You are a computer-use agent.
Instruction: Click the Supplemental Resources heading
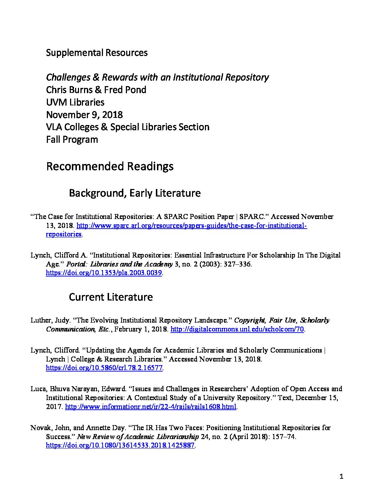[97, 53]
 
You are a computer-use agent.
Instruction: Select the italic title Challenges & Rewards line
[157, 78]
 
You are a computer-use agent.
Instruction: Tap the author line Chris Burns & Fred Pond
[96, 90]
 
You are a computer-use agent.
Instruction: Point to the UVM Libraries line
[75, 103]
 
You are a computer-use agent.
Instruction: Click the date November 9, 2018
[84, 115]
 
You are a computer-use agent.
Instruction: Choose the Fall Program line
[72, 139]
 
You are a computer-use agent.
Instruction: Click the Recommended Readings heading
[110, 166]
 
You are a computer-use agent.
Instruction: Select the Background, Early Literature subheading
[134, 193]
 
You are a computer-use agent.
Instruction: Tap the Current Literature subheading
[110, 297]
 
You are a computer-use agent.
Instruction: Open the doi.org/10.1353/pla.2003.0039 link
[104, 273]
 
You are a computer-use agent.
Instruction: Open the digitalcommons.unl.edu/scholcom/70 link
[237, 329]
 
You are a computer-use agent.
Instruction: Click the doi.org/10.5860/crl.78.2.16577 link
[104, 368]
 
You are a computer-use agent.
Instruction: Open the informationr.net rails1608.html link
[151, 407]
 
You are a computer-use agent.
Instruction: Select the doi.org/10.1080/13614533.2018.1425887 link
[120, 445]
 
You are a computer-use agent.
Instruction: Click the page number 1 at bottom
[341, 476]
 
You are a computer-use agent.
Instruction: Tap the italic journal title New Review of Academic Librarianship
[138, 437]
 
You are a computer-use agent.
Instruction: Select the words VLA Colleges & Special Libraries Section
[128, 127]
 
